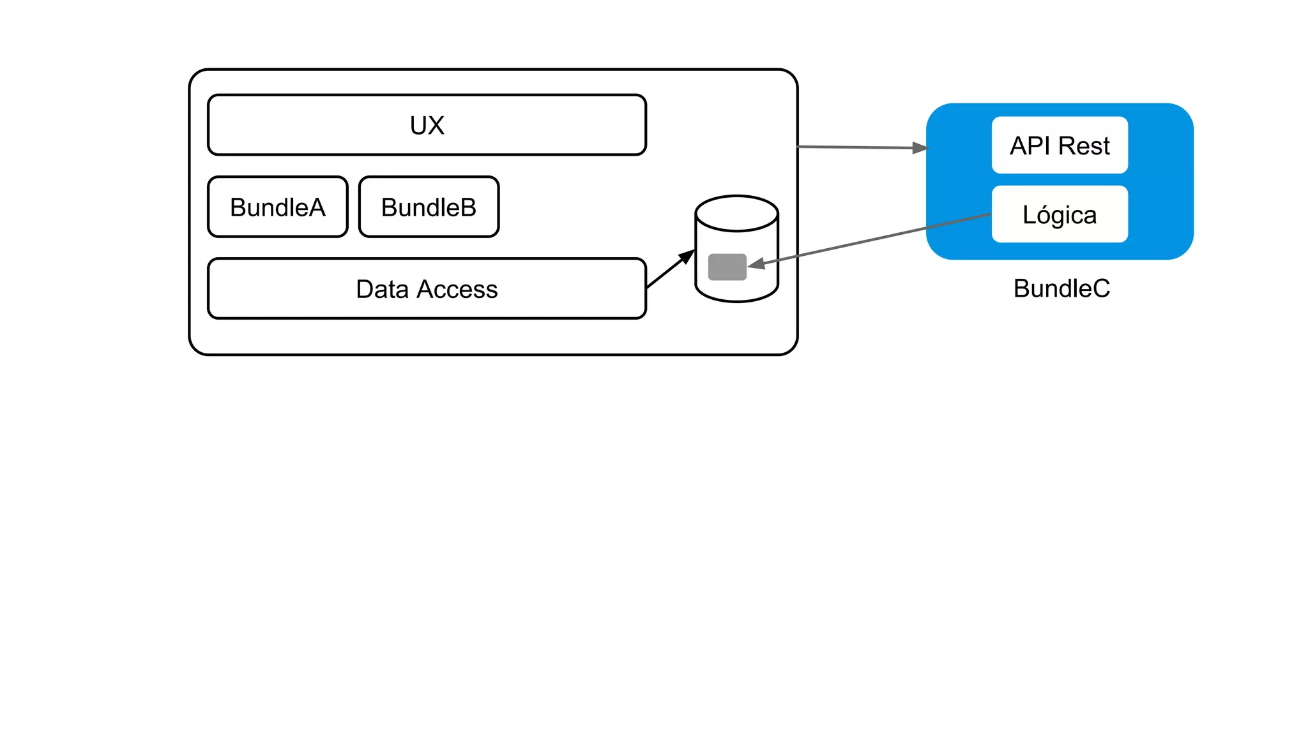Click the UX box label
coord(427,126)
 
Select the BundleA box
coord(278,207)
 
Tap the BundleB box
coord(429,207)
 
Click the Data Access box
coord(427,289)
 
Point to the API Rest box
coord(1060,145)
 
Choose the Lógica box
coord(1060,214)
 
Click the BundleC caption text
coord(1061,288)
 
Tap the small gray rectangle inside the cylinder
coord(727,267)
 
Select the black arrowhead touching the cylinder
coord(687,256)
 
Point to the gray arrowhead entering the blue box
coord(920,148)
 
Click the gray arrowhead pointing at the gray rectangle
coord(757,264)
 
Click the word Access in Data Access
coord(457,290)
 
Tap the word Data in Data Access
coord(382,290)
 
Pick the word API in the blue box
coord(1030,146)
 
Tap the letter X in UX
coord(436,126)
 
